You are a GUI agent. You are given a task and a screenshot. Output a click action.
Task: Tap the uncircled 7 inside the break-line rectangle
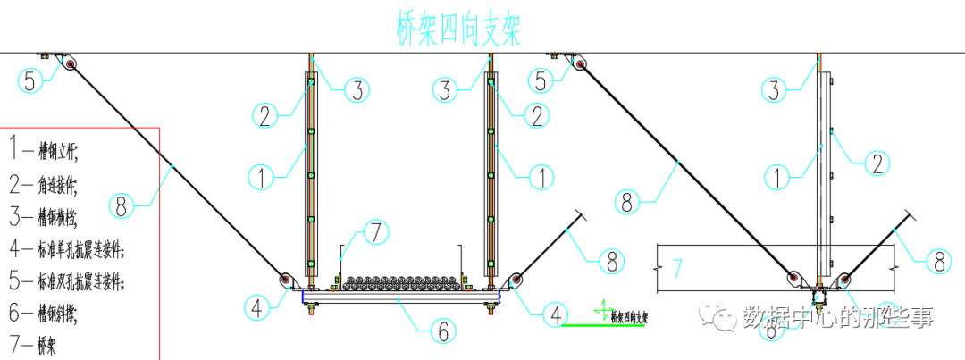click(x=677, y=267)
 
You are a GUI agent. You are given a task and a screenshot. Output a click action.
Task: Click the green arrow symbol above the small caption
click(x=606, y=308)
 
